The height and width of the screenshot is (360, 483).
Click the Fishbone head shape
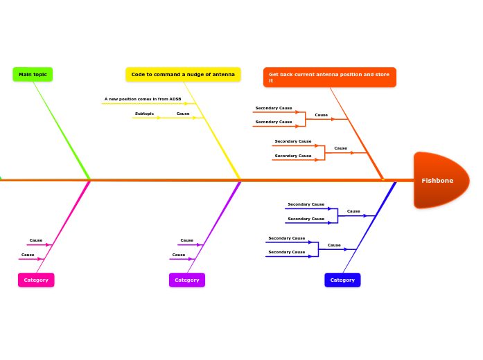click(441, 180)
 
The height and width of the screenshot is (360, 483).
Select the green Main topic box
click(33, 74)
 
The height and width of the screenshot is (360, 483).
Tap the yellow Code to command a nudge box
click(183, 74)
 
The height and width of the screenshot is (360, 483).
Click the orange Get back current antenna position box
click(329, 78)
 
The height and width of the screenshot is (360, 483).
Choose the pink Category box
click(36, 280)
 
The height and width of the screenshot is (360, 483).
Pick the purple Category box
click(187, 280)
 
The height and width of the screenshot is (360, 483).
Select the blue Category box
click(342, 280)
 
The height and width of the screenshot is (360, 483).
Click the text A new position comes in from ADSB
click(143, 99)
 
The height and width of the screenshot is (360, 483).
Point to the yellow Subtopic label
click(144, 114)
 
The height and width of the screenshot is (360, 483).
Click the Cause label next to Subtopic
click(183, 114)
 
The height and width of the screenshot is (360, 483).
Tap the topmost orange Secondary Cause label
click(274, 108)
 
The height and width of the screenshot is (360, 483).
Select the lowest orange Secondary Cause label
click(293, 156)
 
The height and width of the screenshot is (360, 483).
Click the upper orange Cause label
click(322, 115)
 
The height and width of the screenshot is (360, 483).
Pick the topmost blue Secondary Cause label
click(306, 204)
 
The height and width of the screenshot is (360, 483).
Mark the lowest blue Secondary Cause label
click(287, 252)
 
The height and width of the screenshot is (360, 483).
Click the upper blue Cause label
click(353, 211)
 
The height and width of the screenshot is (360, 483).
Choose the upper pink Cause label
click(36, 240)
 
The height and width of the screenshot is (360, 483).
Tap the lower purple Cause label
click(179, 255)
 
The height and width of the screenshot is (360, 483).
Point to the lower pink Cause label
click(28, 255)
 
